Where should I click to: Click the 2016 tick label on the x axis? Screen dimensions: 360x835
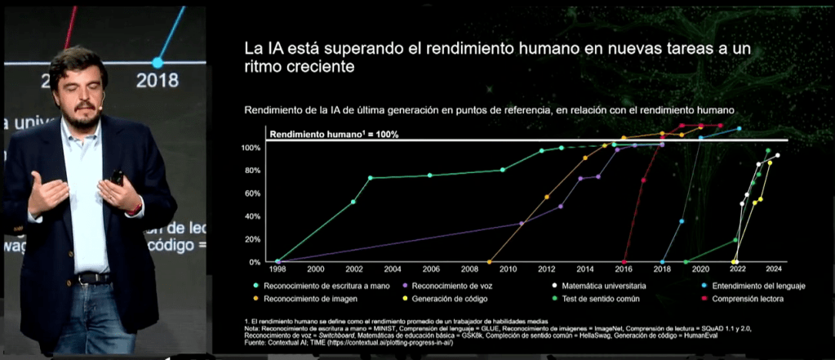[624, 269]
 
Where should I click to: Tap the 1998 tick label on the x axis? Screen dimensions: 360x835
[277, 269]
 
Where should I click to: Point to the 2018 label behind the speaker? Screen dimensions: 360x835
[158, 80]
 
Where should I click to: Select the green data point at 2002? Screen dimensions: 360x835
[353, 202]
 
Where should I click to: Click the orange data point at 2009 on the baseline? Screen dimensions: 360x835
[489, 262]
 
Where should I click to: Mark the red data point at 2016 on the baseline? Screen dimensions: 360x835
[624, 262]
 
